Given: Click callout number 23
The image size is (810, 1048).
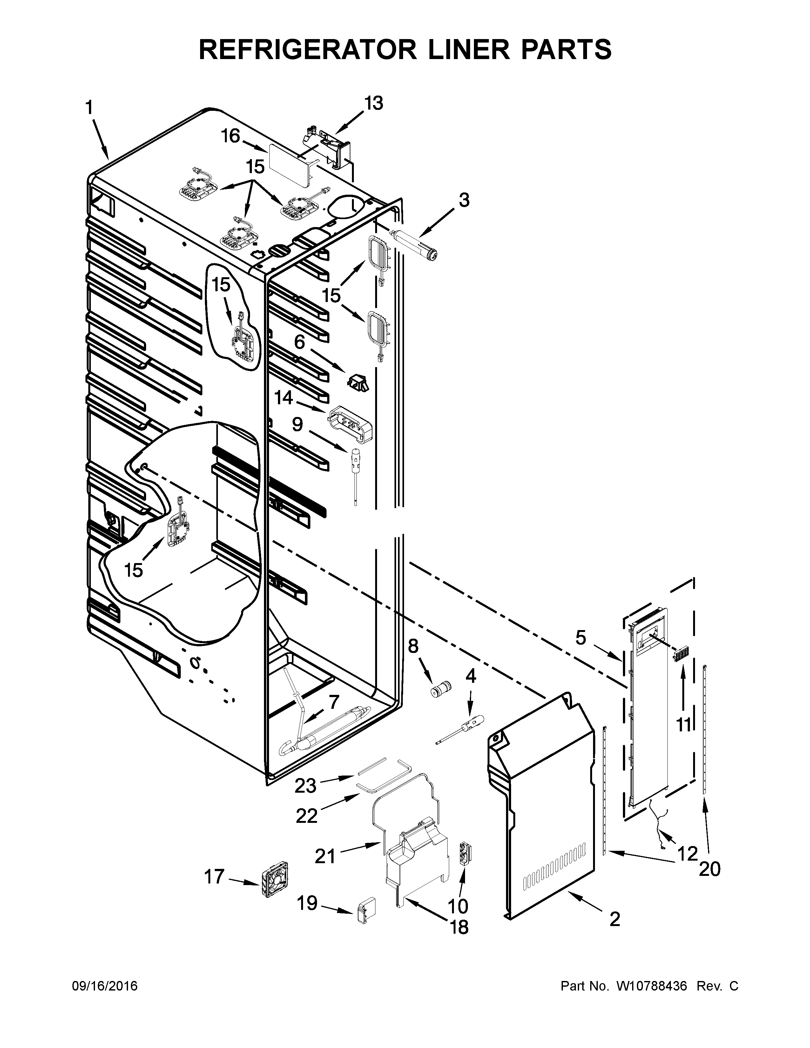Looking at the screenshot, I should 305,785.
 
